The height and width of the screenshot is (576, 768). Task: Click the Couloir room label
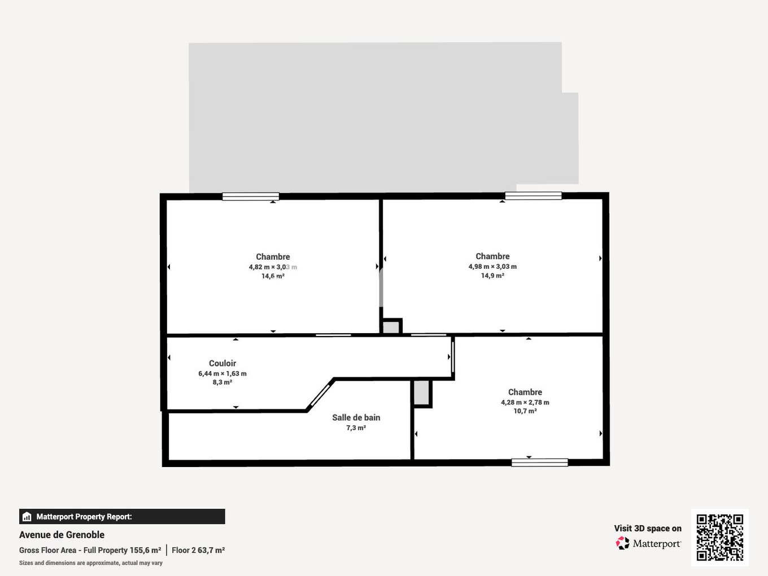[x=222, y=363]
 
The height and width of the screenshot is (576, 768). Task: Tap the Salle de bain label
[x=356, y=417]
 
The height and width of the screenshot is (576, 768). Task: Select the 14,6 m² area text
[x=273, y=276]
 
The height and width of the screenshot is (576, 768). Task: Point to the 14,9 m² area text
[x=492, y=276]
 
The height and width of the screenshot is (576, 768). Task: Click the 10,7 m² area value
[x=525, y=411]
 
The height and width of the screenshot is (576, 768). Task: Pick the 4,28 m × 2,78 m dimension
[x=525, y=403]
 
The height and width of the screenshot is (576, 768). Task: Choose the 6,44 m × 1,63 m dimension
[x=222, y=373]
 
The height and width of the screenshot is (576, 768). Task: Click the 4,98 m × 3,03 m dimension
[x=492, y=267]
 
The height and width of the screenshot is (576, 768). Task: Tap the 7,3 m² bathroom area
[x=356, y=428]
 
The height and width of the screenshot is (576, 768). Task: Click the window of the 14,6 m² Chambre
[x=250, y=197]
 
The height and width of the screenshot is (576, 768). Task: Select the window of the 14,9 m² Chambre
[x=533, y=196]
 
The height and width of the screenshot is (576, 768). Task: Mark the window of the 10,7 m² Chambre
[x=539, y=462]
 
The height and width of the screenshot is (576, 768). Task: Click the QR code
[x=719, y=537]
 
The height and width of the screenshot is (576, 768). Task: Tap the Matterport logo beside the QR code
[x=623, y=543]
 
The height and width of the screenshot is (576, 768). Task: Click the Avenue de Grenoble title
[x=62, y=535]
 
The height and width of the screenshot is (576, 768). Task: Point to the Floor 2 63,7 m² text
[x=198, y=550]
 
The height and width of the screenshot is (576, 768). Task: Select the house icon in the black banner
[x=27, y=517]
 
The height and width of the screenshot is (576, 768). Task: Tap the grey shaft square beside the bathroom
[x=421, y=392]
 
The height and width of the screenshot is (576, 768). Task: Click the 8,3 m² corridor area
[x=222, y=382]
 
